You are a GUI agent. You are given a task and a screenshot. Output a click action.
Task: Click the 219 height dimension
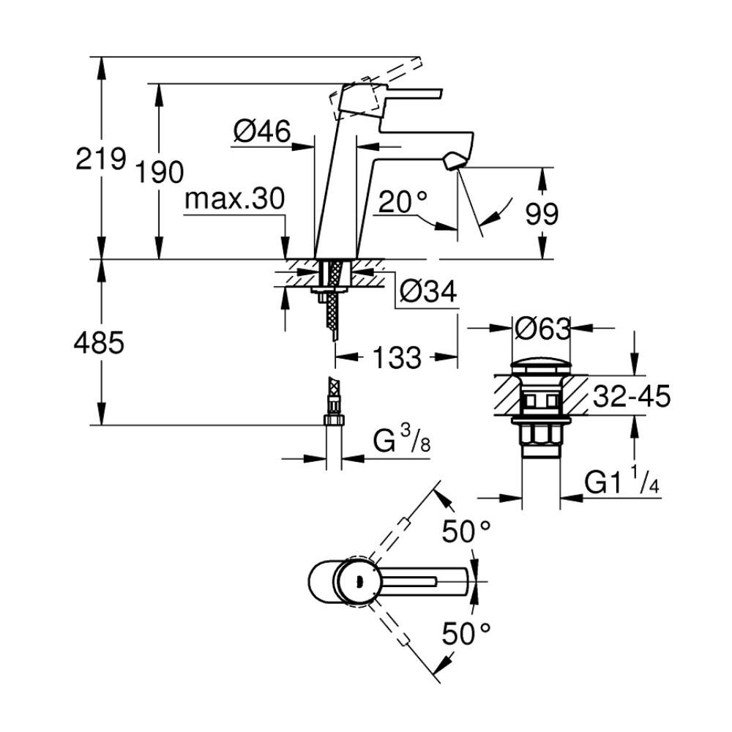coord(101,158)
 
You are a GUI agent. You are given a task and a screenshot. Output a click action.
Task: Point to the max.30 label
coord(234,199)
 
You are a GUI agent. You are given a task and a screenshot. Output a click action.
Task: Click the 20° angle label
coord(403,202)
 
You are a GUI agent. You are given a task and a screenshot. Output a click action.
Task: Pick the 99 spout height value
coord(542,214)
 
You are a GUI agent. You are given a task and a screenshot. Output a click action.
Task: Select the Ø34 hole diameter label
coord(428,292)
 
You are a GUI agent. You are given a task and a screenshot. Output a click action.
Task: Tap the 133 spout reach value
coord(397,358)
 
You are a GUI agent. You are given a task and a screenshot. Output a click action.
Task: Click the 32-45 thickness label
coord(632,396)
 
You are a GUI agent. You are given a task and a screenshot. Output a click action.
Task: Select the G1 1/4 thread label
coord(621,482)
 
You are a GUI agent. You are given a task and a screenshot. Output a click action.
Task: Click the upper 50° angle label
coord(466,531)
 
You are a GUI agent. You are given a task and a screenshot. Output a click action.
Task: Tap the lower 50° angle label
coord(466,633)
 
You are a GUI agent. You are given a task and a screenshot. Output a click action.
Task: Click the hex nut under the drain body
coord(541,437)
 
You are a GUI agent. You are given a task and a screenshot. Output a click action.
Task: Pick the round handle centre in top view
coord(358,581)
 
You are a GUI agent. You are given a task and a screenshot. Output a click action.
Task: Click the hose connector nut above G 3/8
coord(333,421)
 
